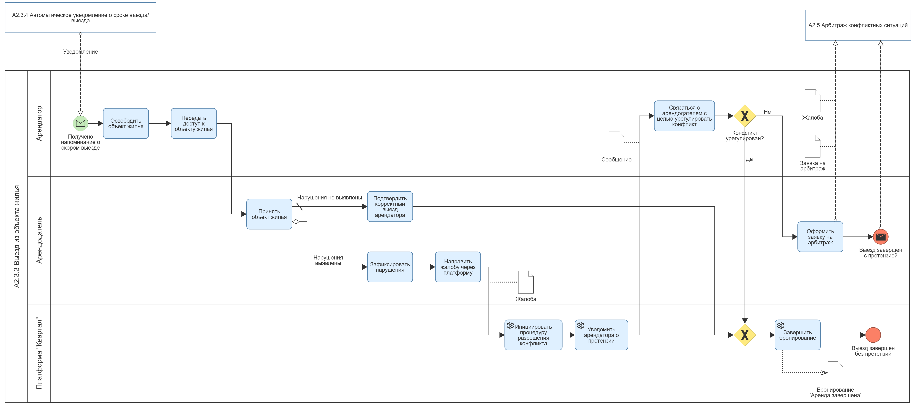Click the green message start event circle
(80, 123)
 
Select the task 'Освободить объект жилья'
(126, 123)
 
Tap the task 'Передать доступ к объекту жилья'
(194, 123)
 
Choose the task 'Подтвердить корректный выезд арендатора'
(390, 206)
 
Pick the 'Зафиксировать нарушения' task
(390, 267)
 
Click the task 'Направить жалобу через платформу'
(458, 267)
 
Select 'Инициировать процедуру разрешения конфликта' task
(533, 335)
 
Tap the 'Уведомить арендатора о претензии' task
(601, 335)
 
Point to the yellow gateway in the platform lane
(745, 335)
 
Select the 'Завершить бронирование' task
(798, 335)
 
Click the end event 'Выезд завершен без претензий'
(873, 335)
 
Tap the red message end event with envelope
(880, 237)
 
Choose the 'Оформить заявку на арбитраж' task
(820, 237)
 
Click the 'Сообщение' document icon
(616, 143)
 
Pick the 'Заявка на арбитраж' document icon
(812, 146)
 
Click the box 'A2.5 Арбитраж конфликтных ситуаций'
(858, 25)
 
